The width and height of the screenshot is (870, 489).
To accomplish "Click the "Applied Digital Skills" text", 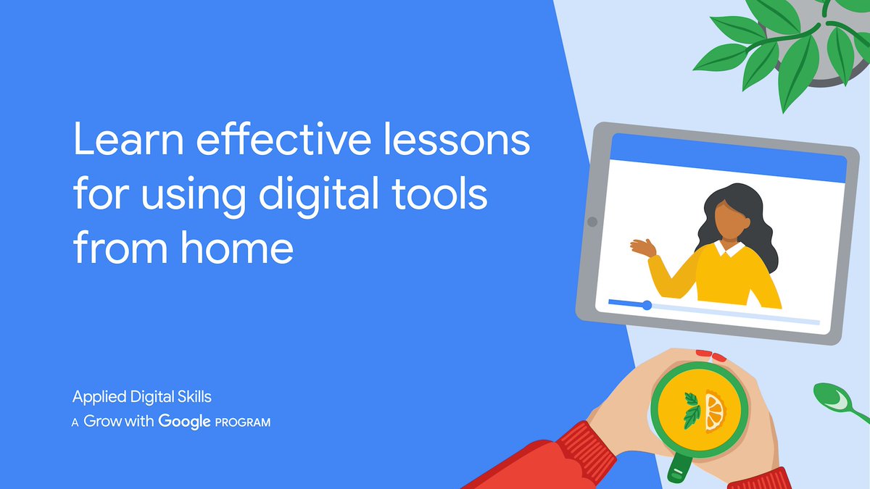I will tap(141, 396).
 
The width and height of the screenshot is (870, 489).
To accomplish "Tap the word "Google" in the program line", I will tap(184, 421).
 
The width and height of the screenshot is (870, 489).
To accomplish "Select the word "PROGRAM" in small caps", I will tap(243, 422).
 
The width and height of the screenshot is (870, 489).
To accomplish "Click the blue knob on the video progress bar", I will tap(647, 305).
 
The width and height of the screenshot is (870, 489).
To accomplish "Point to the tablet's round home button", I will tap(591, 222).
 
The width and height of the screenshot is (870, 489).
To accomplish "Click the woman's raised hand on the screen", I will tap(642, 248).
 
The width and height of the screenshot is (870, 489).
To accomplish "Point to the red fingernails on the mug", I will tap(710, 355).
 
